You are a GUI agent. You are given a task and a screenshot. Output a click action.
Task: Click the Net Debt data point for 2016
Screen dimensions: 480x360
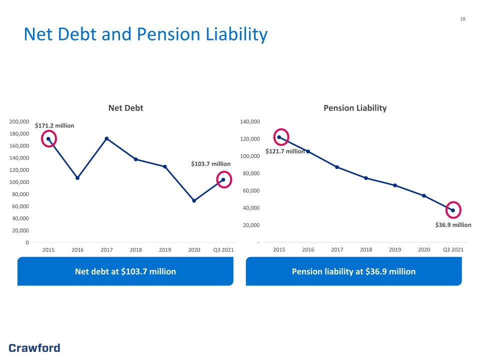pyautogui.click(x=77, y=178)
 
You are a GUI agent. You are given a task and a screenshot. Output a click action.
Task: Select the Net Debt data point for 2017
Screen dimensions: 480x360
pyautogui.click(x=106, y=138)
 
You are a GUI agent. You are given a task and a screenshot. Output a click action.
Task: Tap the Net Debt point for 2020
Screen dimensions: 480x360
pyautogui.click(x=194, y=200)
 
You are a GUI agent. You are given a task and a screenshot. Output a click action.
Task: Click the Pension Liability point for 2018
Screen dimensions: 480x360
pyautogui.click(x=366, y=178)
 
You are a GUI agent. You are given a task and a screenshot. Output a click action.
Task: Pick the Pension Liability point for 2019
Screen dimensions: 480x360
pyautogui.click(x=395, y=185)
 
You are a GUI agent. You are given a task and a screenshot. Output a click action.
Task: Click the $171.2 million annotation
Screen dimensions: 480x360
pyautogui.click(x=54, y=125)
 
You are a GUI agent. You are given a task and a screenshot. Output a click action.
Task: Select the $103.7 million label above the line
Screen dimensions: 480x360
pyautogui.click(x=210, y=164)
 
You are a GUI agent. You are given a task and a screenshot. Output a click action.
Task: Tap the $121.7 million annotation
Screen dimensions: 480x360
pyautogui.click(x=285, y=151)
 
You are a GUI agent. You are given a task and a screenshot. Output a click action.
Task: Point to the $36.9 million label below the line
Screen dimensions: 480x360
pyautogui.click(x=453, y=224)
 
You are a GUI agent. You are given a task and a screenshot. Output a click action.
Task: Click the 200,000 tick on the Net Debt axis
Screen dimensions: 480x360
pyautogui.click(x=19, y=121)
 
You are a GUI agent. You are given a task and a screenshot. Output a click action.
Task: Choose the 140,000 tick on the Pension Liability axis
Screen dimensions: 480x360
pyautogui.click(x=250, y=121)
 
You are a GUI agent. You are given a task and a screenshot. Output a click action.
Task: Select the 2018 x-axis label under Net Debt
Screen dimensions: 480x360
pyautogui.click(x=135, y=250)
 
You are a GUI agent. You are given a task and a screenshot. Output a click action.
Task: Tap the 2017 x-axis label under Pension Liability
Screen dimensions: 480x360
pyautogui.click(x=336, y=249)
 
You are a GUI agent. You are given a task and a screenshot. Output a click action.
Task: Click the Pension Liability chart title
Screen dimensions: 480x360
pyautogui.click(x=355, y=108)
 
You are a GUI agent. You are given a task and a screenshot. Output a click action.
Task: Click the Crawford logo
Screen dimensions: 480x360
pyautogui.click(x=34, y=348)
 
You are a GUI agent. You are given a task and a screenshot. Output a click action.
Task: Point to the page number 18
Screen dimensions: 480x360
pyautogui.click(x=462, y=19)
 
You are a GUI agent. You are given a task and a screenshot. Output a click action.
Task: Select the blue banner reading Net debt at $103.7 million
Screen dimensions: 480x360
pyautogui.click(x=125, y=271)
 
